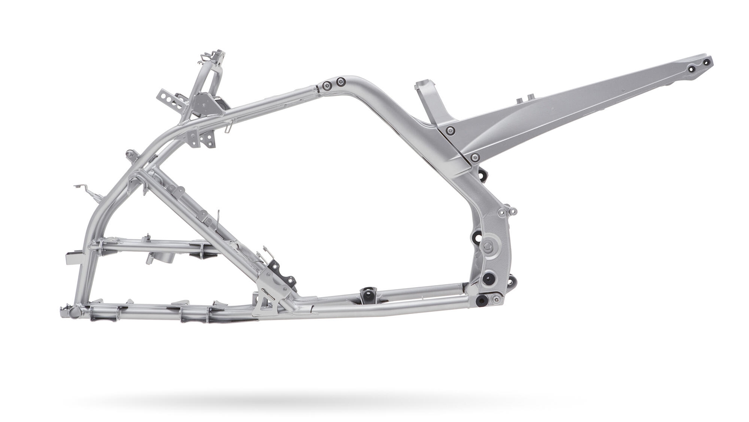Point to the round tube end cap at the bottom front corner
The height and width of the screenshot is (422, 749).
click(x=75, y=312)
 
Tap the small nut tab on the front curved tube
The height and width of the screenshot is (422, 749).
click(x=129, y=154)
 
